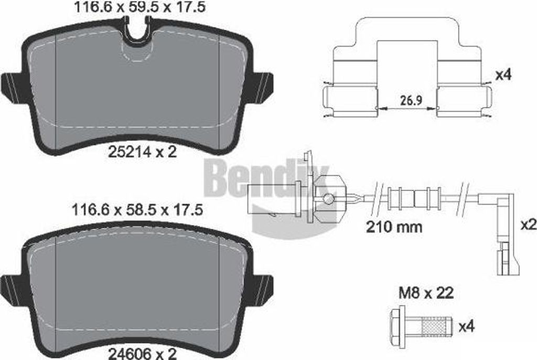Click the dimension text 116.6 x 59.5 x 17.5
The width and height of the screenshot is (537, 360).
pos(138,7)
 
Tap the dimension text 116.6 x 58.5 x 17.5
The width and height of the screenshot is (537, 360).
pos(136,210)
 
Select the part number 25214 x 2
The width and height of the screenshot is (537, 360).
pos(142,152)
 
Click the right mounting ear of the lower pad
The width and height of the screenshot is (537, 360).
pos(263,288)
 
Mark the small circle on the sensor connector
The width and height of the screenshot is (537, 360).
pos(329,199)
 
